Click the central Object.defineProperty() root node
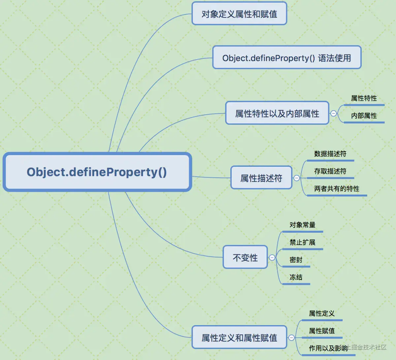click(x=97, y=172)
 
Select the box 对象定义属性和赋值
click(x=239, y=14)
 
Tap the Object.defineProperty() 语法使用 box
click(x=286, y=58)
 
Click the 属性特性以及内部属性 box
click(x=277, y=113)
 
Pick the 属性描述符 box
click(x=261, y=178)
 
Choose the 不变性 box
click(x=245, y=257)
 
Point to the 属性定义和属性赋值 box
click(x=239, y=338)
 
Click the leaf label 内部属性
click(x=364, y=116)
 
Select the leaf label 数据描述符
click(x=330, y=154)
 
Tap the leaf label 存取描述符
click(x=330, y=171)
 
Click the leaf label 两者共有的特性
click(x=337, y=189)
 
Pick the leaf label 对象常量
click(x=302, y=225)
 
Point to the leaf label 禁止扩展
click(x=302, y=242)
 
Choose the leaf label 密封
click(x=296, y=260)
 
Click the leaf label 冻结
click(x=296, y=277)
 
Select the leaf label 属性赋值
click(x=321, y=331)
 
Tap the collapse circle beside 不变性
click(x=272, y=257)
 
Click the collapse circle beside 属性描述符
click(x=296, y=178)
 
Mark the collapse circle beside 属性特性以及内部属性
click(x=333, y=113)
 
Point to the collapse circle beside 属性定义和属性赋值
click(x=291, y=338)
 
